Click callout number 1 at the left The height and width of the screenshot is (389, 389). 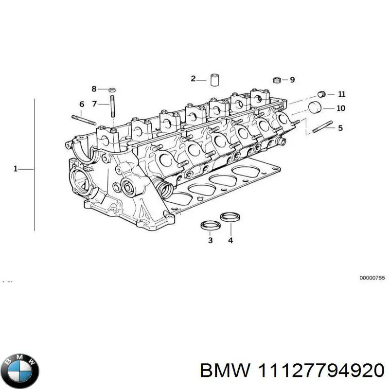pyautogui.click(x=15, y=169)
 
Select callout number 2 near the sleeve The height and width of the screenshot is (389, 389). pyautogui.click(x=193, y=79)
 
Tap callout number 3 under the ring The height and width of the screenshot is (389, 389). pyautogui.click(x=210, y=240)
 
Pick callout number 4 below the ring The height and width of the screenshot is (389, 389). pyautogui.click(x=230, y=240)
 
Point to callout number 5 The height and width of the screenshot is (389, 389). pyautogui.click(x=340, y=128)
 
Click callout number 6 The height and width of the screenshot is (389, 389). pyautogui.click(x=82, y=104)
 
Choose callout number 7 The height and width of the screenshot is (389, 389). pyautogui.click(x=94, y=103)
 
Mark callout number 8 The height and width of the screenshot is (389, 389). pyautogui.click(x=94, y=89)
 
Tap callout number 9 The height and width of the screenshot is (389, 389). pyautogui.click(x=292, y=80)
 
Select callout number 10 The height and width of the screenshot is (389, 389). pyautogui.click(x=340, y=108)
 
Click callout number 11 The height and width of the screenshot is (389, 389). pyautogui.click(x=341, y=94)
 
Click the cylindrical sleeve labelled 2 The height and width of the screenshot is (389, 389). pyautogui.click(x=214, y=80)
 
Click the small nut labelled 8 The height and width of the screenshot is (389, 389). pyautogui.click(x=111, y=89)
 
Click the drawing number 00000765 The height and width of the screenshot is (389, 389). pyautogui.click(x=372, y=277)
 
